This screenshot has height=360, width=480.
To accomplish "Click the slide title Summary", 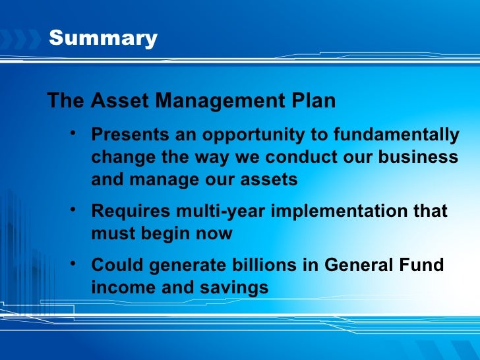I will (x=103, y=38).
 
